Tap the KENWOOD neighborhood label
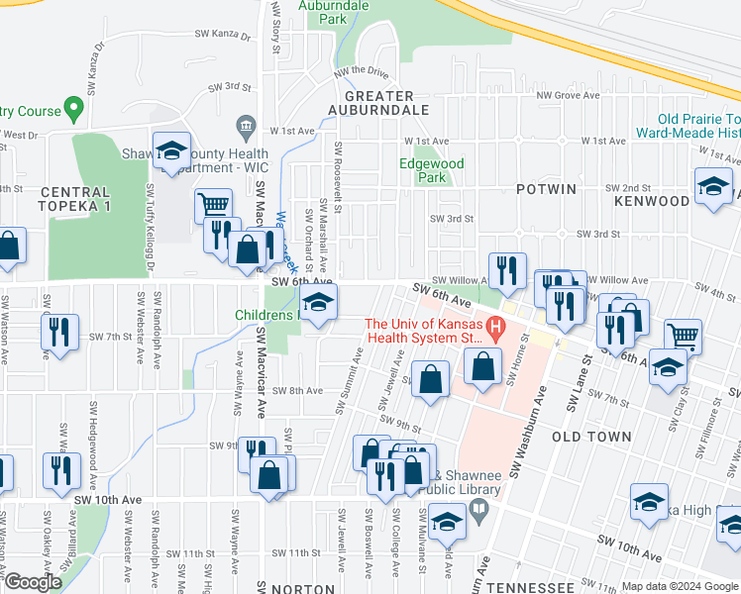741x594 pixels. pos(651,201)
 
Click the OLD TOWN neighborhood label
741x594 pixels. pos(591,437)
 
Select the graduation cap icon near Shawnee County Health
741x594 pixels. pos(172,150)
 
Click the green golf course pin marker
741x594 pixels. pos(72,106)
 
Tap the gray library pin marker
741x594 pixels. pos(480,511)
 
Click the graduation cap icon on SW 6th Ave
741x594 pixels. pos(318,304)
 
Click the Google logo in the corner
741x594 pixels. pos(33,582)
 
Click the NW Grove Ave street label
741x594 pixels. pos(570,96)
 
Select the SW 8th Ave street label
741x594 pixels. pos(299,391)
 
